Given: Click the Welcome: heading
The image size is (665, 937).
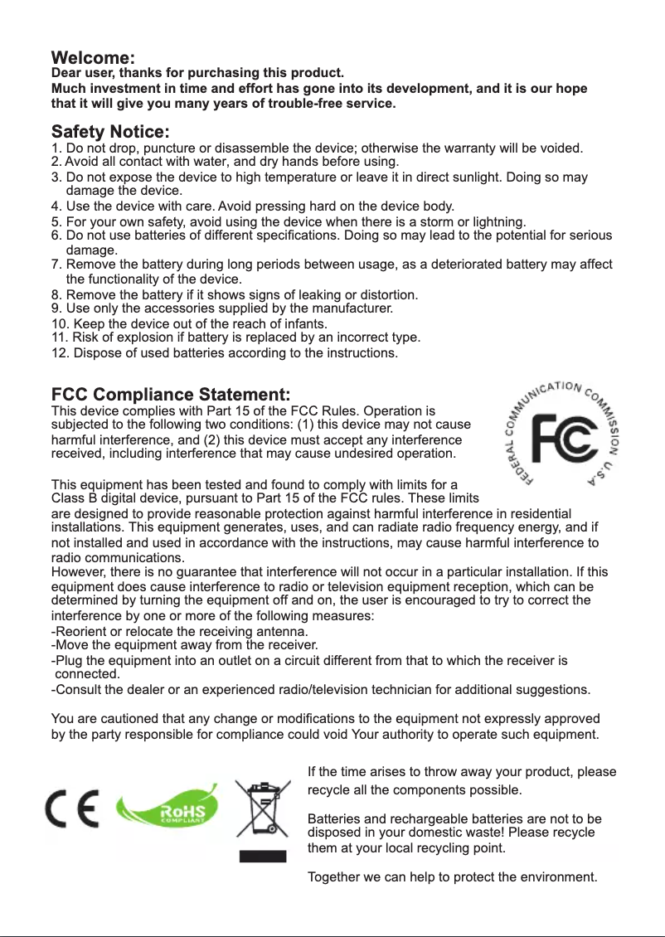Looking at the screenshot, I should pyautogui.click(x=93, y=59).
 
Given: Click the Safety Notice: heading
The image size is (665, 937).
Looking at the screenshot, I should pyautogui.click(x=111, y=132).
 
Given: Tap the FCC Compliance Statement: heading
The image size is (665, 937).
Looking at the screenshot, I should pyautogui.click(x=171, y=392).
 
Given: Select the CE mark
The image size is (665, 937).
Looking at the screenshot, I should pyautogui.click(x=72, y=808).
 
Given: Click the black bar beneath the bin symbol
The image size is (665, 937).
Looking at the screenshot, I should pyautogui.click(x=263, y=856).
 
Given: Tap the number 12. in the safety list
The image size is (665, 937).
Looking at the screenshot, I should pyautogui.click(x=61, y=354).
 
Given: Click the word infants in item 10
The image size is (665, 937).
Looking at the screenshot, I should pyautogui.click(x=304, y=323).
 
